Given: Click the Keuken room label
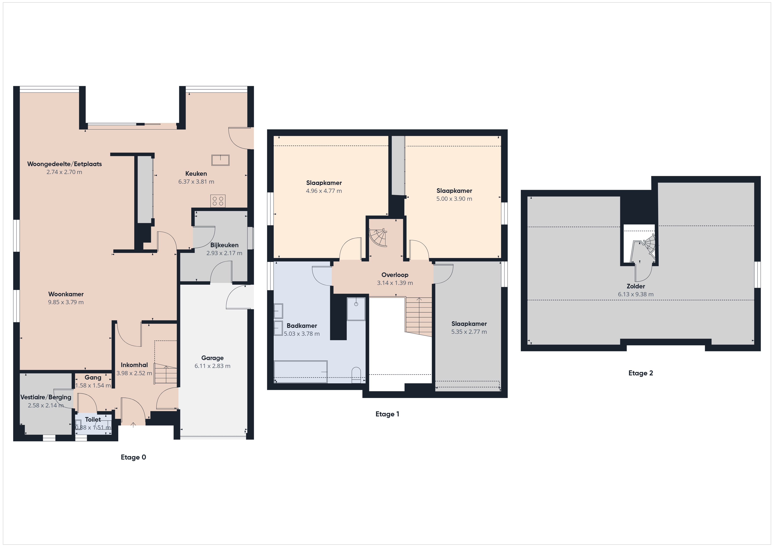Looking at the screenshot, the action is click(196, 174).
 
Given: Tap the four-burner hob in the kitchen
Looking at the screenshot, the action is click(218, 201).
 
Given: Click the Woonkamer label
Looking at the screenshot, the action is click(66, 294).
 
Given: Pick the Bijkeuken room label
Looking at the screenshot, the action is click(224, 245).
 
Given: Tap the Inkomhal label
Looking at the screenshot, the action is click(134, 365).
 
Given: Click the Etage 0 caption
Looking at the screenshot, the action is click(133, 457).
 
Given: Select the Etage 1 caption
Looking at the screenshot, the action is click(387, 414).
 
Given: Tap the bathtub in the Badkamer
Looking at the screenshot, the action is click(301, 372).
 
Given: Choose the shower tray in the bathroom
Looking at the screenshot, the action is click(356, 309).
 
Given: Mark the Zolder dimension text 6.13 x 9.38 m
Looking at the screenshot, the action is click(636, 294).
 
